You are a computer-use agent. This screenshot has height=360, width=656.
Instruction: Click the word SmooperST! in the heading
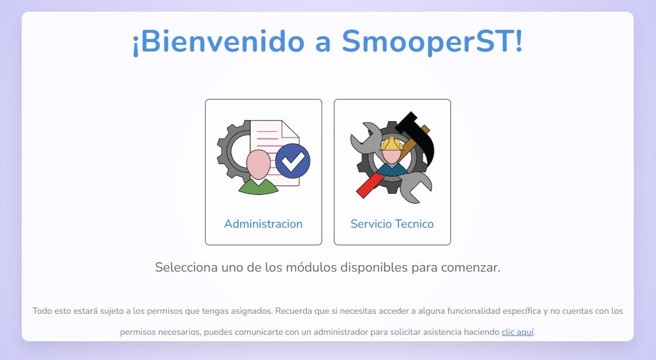click(432, 42)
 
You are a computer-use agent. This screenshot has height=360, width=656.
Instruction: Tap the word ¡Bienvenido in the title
click(218, 42)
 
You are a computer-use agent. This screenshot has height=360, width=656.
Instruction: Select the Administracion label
click(263, 224)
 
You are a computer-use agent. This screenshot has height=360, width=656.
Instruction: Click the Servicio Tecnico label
click(392, 224)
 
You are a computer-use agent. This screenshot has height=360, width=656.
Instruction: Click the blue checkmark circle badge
click(293, 161)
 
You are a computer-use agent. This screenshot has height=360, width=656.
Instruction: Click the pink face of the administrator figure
click(258, 164)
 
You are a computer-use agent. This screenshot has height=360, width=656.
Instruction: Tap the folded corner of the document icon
click(291, 129)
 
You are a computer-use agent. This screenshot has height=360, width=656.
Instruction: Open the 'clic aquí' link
click(518, 332)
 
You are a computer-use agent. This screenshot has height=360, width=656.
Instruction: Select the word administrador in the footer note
click(340, 332)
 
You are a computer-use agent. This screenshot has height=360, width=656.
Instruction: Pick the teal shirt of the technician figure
click(392, 169)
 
